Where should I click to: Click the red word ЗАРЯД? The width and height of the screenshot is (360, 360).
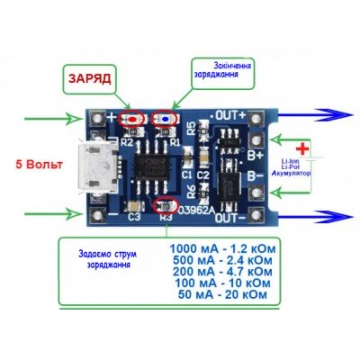[x=88, y=78]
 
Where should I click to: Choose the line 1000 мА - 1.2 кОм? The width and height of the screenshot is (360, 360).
[x=222, y=247]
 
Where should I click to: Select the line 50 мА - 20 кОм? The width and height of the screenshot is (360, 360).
[x=222, y=294]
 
